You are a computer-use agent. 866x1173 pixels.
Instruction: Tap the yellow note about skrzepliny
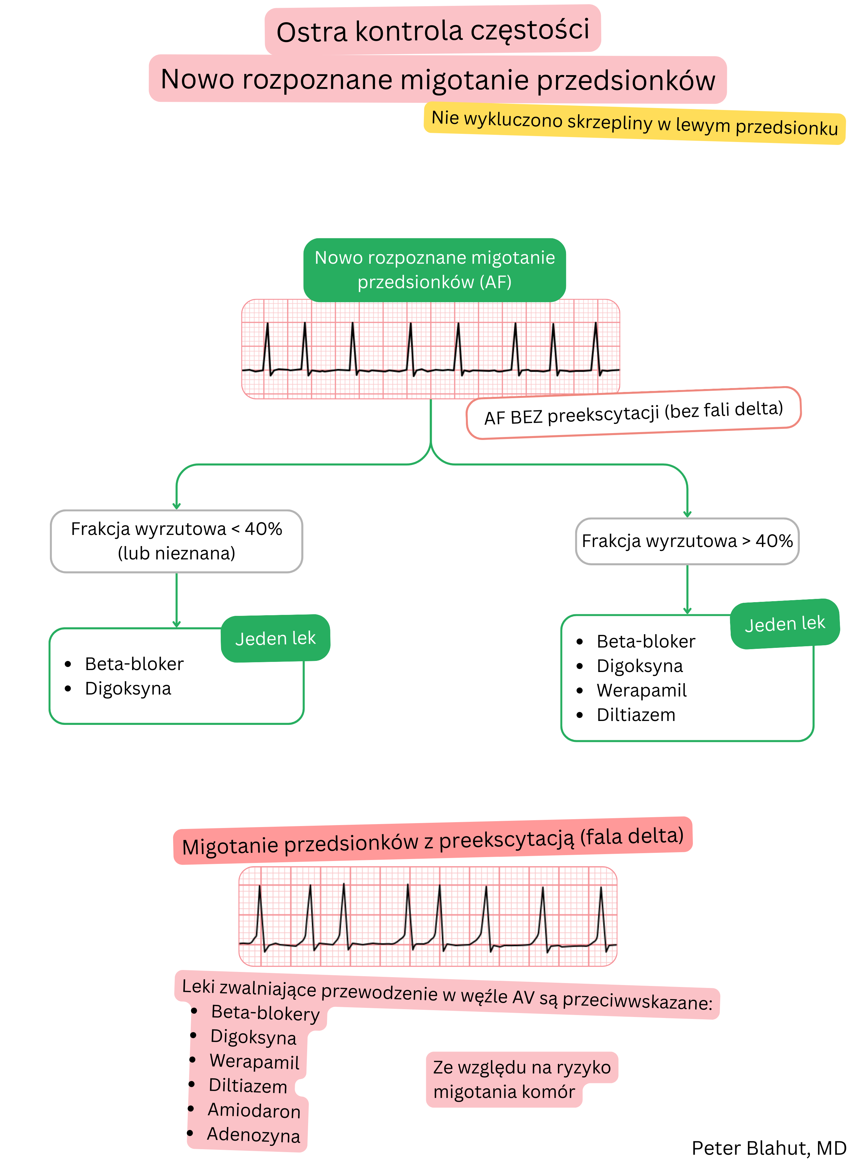pyautogui.click(x=634, y=123)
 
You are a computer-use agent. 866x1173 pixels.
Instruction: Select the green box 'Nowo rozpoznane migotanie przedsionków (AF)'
pyautogui.click(x=435, y=270)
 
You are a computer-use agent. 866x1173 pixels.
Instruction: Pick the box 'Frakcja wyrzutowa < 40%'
pyautogui.click(x=177, y=541)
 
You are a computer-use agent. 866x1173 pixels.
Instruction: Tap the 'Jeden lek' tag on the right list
pyautogui.click(x=785, y=624)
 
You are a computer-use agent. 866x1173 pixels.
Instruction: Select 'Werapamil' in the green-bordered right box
pyautogui.click(x=641, y=690)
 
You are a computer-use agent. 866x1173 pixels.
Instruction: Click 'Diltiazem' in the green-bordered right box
pyautogui.click(x=636, y=715)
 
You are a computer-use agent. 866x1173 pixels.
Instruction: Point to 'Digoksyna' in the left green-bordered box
pyautogui.click(x=128, y=688)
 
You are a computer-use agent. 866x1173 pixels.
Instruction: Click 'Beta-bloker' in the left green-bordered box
pyautogui.click(x=134, y=664)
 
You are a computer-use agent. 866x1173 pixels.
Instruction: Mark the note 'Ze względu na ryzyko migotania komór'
pyautogui.click(x=522, y=1079)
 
